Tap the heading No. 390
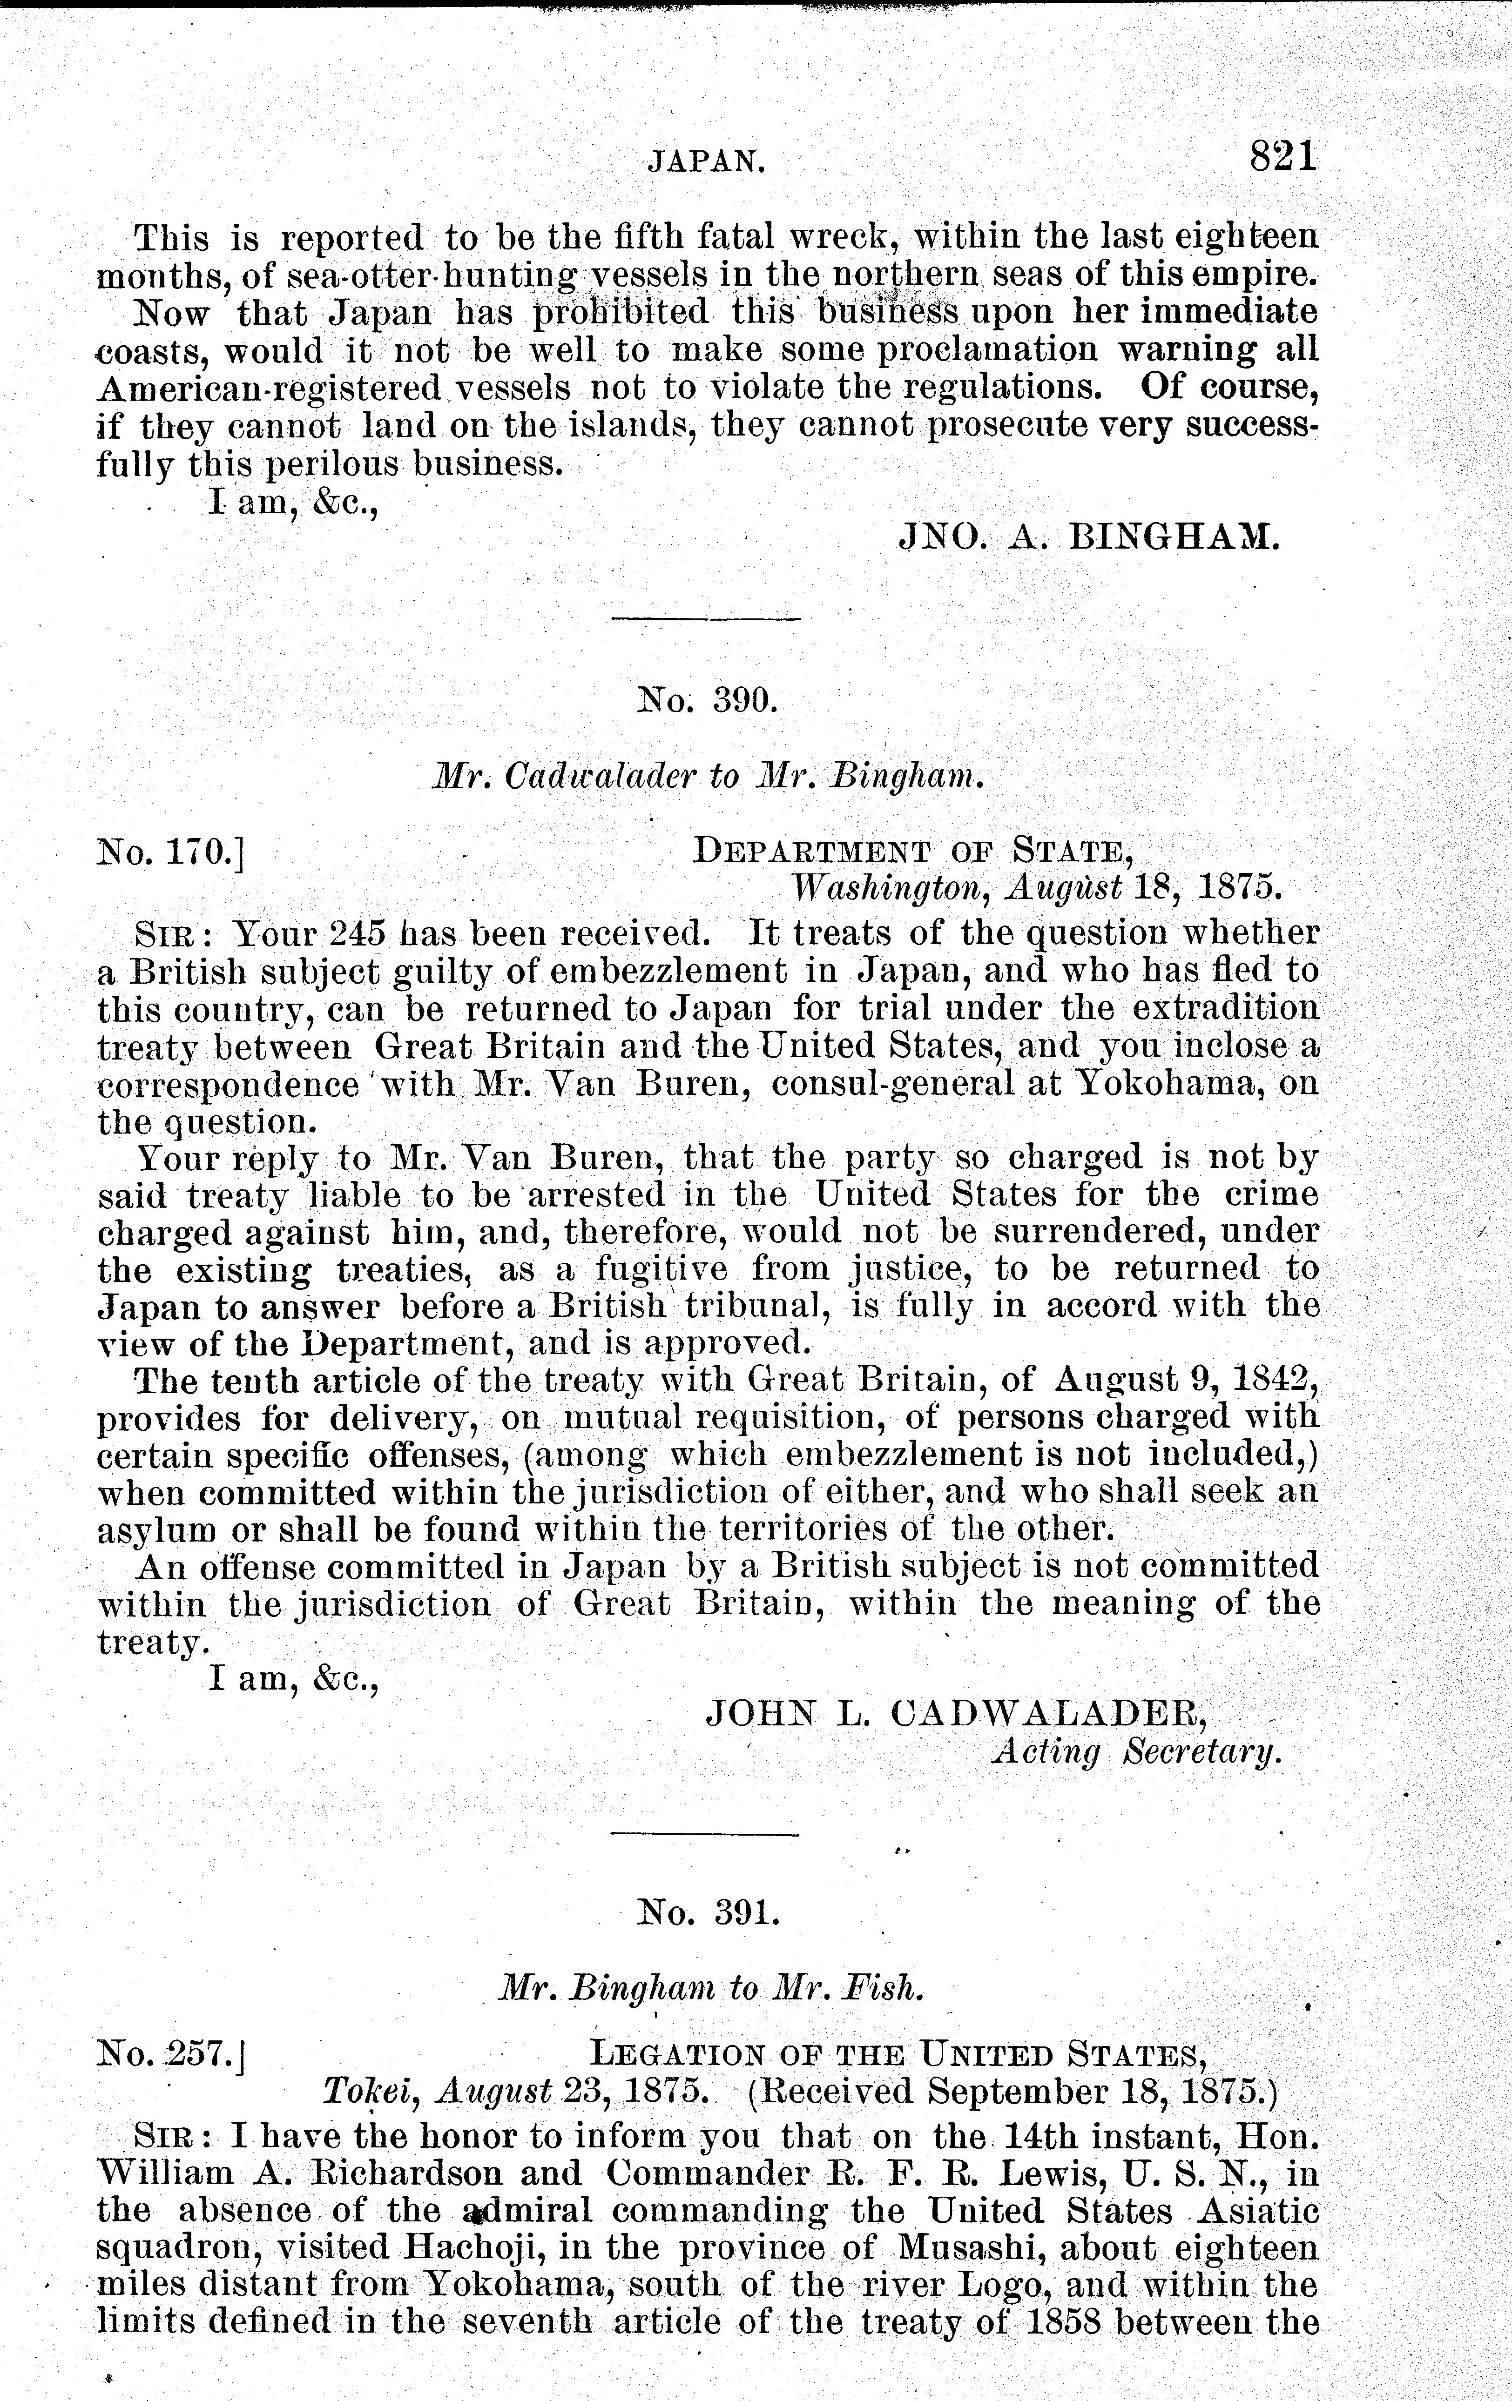click(706, 701)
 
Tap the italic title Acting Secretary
click(1135, 1752)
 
